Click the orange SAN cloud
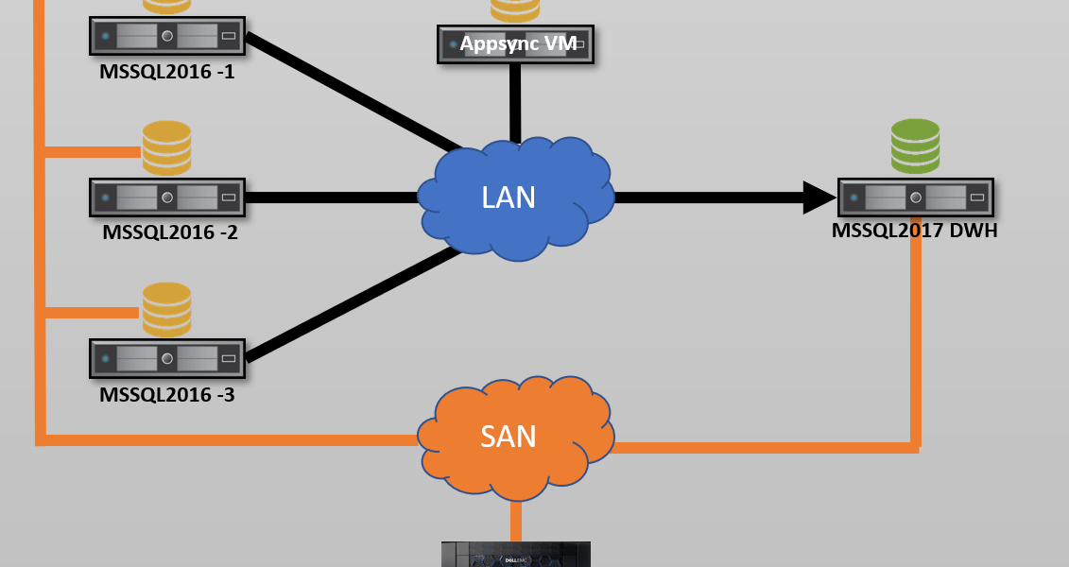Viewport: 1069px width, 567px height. click(x=515, y=437)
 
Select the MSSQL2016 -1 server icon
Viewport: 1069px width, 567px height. click(x=167, y=37)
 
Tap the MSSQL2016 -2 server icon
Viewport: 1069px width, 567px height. click(x=167, y=198)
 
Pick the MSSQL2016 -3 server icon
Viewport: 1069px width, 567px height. click(x=167, y=359)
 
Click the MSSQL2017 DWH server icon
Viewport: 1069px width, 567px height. click(x=915, y=198)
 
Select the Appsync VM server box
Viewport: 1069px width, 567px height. click(x=515, y=44)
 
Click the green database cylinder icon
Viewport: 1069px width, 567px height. click(x=915, y=146)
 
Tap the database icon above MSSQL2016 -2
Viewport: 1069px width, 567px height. click(x=167, y=147)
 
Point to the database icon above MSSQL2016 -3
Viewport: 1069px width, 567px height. click(x=167, y=309)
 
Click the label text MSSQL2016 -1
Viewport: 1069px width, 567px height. click(x=167, y=71)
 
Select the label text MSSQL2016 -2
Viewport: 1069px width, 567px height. click(x=170, y=232)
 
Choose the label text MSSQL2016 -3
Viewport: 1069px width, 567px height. click(x=167, y=394)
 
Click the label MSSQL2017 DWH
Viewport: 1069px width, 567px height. click(x=915, y=230)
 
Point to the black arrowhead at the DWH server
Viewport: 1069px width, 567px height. click(x=819, y=198)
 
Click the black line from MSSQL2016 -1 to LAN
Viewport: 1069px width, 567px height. click(x=350, y=92)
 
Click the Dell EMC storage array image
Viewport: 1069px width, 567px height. click(x=515, y=555)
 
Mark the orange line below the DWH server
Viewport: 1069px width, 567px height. click(x=915, y=340)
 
